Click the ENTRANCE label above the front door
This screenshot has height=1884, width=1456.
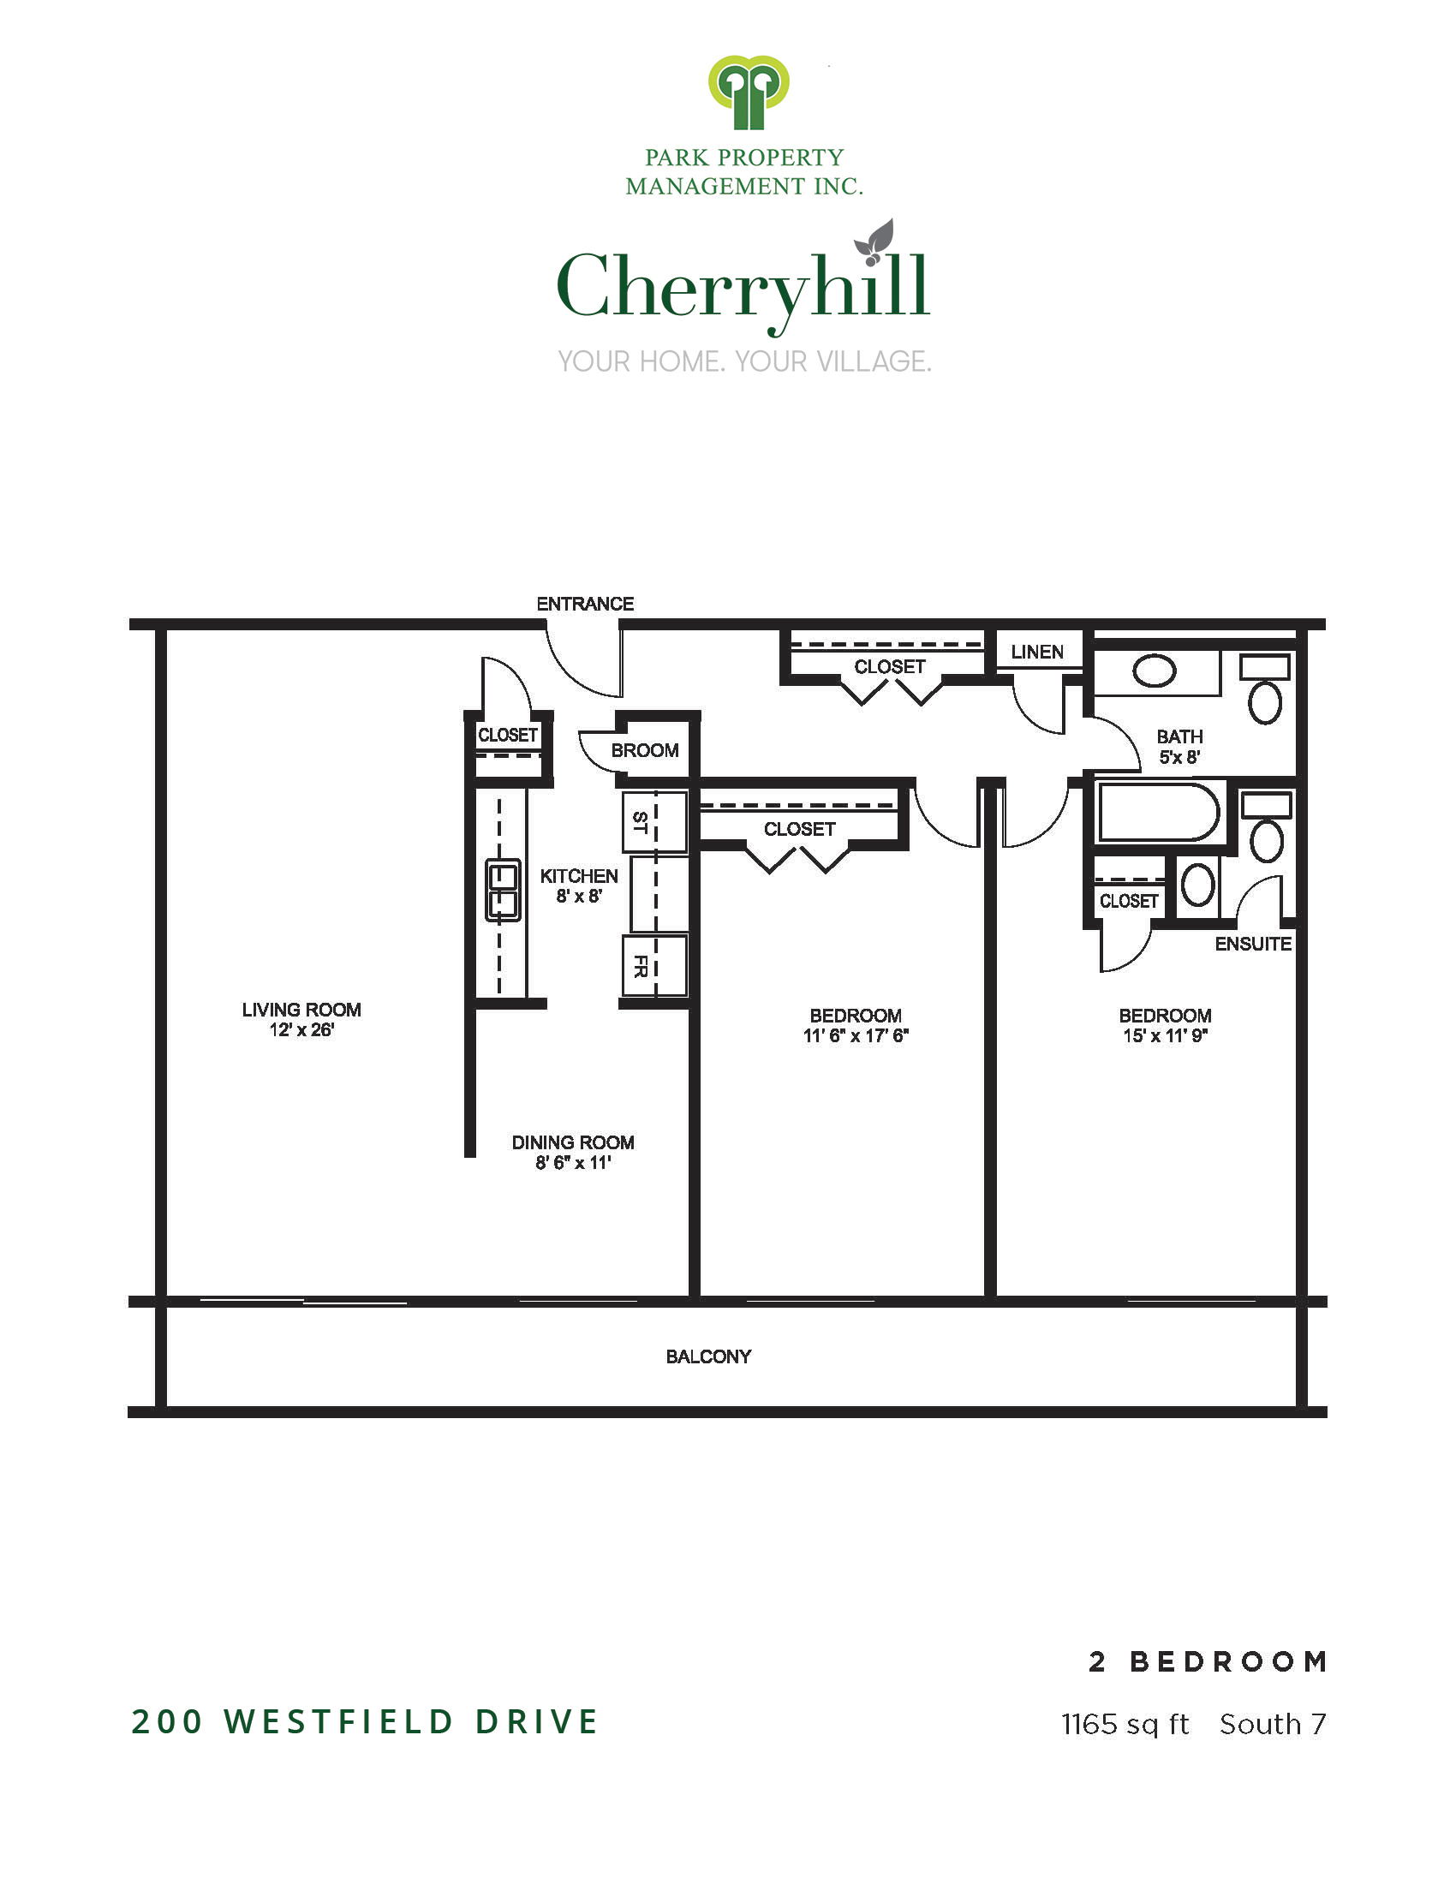pos(585,604)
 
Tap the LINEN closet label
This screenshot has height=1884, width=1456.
pos(1037,653)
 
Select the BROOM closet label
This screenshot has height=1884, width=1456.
pos(644,750)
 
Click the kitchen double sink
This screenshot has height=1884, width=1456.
pos(503,890)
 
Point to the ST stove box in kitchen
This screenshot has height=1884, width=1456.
pos(654,822)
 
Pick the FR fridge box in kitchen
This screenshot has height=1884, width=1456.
pos(654,965)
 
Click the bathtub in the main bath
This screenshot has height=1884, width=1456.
pos(1158,812)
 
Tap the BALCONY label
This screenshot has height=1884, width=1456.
pos(708,1357)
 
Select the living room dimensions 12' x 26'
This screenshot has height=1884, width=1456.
pos(301,1030)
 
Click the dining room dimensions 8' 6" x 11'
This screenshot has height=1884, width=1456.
pos(573,1163)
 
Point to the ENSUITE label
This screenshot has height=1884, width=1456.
pos(1252,944)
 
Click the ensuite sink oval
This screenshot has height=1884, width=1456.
pos(1197,885)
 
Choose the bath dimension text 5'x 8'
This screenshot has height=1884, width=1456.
pos(1179,757)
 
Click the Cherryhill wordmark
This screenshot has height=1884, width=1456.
pos(743,280)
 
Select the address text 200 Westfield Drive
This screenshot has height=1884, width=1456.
pos(365,1721)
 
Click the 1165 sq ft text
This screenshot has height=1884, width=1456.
pos(1125,1725)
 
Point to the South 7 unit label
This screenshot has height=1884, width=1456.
pos(1272,1724)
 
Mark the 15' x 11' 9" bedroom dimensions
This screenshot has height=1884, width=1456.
pos(1165,1036)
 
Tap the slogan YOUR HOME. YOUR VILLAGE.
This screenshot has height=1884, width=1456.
pos(744,361)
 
